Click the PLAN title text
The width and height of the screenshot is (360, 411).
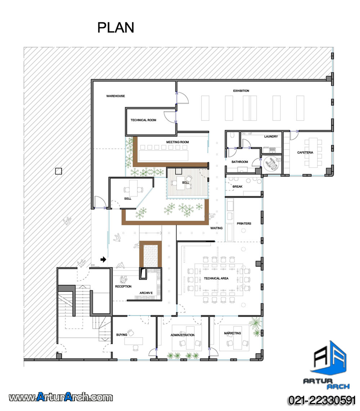116,27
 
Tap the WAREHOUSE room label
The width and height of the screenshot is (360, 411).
116,96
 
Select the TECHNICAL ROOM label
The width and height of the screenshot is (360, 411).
143,120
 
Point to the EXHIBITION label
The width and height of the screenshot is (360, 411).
241,91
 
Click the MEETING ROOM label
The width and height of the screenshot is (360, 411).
177,142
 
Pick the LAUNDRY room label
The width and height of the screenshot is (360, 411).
271,136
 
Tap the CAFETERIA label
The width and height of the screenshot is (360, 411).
305,153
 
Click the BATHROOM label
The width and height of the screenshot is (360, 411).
240,162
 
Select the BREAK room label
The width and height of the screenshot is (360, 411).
238,187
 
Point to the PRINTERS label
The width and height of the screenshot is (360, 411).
244,223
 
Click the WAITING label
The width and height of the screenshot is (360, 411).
216,228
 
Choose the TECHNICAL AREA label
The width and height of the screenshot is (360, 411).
216,278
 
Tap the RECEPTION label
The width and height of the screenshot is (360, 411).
123,286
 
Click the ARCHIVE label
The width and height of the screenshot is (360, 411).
146,293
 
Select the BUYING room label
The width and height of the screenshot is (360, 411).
122,335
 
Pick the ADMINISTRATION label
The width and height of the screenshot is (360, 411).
183,335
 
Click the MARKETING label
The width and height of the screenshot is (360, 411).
232,333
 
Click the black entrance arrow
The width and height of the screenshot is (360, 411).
103,259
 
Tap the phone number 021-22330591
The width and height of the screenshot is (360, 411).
322,401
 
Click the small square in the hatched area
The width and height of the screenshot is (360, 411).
58,171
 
